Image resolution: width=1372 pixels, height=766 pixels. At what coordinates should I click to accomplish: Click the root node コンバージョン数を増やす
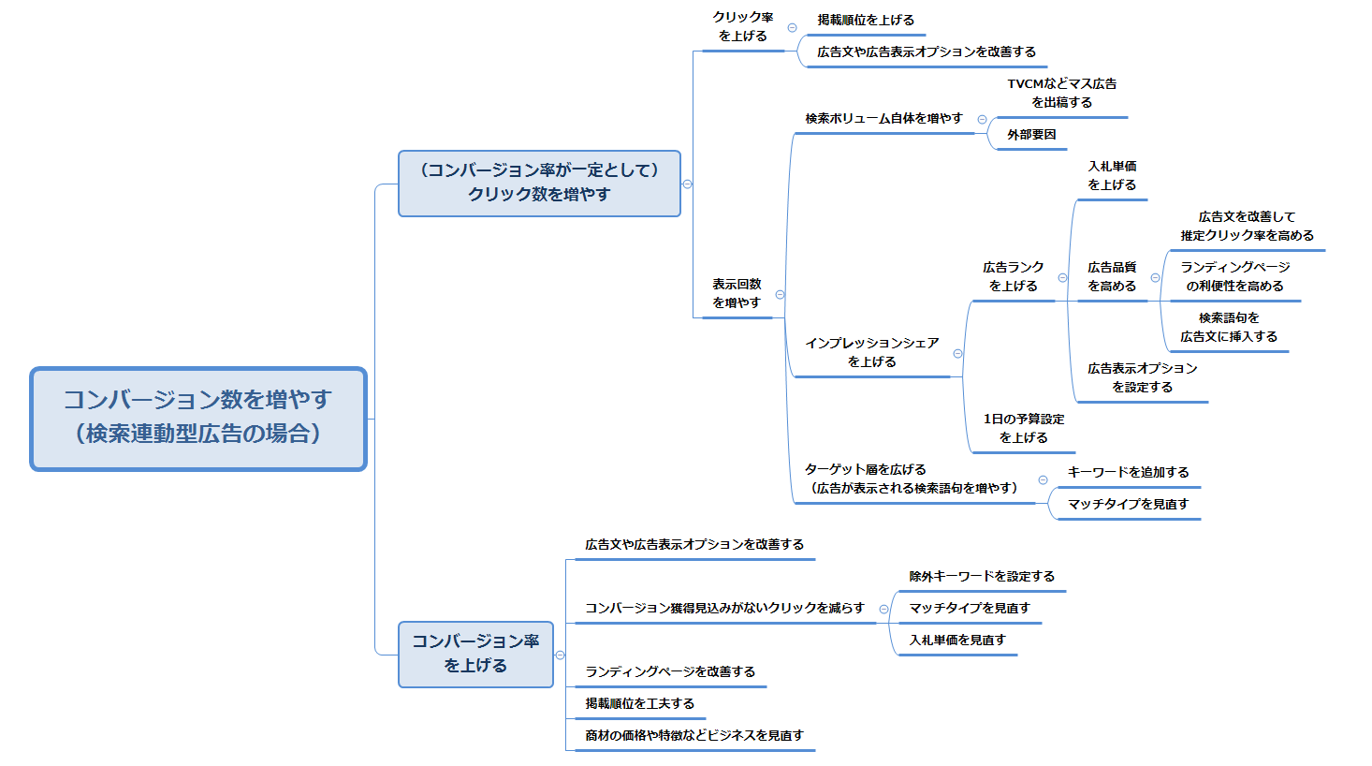point(197,418)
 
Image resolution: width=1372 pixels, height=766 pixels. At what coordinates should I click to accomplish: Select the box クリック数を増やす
point(539,183)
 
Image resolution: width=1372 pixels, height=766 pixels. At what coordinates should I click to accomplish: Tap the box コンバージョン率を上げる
point(475,654)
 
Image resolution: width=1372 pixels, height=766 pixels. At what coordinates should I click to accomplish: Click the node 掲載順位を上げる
point(866,21)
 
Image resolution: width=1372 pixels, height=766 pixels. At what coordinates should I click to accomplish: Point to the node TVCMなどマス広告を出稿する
point(1061,93)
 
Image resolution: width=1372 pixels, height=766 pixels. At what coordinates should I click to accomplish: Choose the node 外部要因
point(1031,135)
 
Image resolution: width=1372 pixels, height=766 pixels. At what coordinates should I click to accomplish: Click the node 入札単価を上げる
point(1112,176)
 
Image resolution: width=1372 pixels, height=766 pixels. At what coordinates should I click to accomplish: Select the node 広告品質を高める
point(1112,277)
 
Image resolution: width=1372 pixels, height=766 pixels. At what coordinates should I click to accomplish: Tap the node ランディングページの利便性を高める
point(1234,277)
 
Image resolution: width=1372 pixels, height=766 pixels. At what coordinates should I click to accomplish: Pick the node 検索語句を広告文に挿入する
point(1228,328)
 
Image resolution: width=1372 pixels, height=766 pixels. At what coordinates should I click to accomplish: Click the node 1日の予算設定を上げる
point(1023,429)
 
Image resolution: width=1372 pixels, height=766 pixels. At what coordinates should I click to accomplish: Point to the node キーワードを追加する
point(1128,473)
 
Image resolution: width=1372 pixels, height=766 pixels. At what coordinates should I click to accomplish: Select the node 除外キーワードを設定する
point(982,577)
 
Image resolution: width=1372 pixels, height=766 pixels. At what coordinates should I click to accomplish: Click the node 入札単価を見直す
point(957,641)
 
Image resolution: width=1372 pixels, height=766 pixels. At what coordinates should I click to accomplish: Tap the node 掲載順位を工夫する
point(639,704)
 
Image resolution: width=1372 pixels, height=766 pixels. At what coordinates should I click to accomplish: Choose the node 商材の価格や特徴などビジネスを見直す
point(693,736)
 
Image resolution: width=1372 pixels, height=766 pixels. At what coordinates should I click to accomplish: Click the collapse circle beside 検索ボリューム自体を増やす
point(982,119)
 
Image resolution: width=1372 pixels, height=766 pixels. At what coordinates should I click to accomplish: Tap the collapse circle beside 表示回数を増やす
point(780,294)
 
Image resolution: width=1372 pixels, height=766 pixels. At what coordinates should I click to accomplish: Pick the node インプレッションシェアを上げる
point(871,353)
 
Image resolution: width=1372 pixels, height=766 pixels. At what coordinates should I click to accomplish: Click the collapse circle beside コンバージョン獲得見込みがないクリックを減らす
point(883,609)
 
